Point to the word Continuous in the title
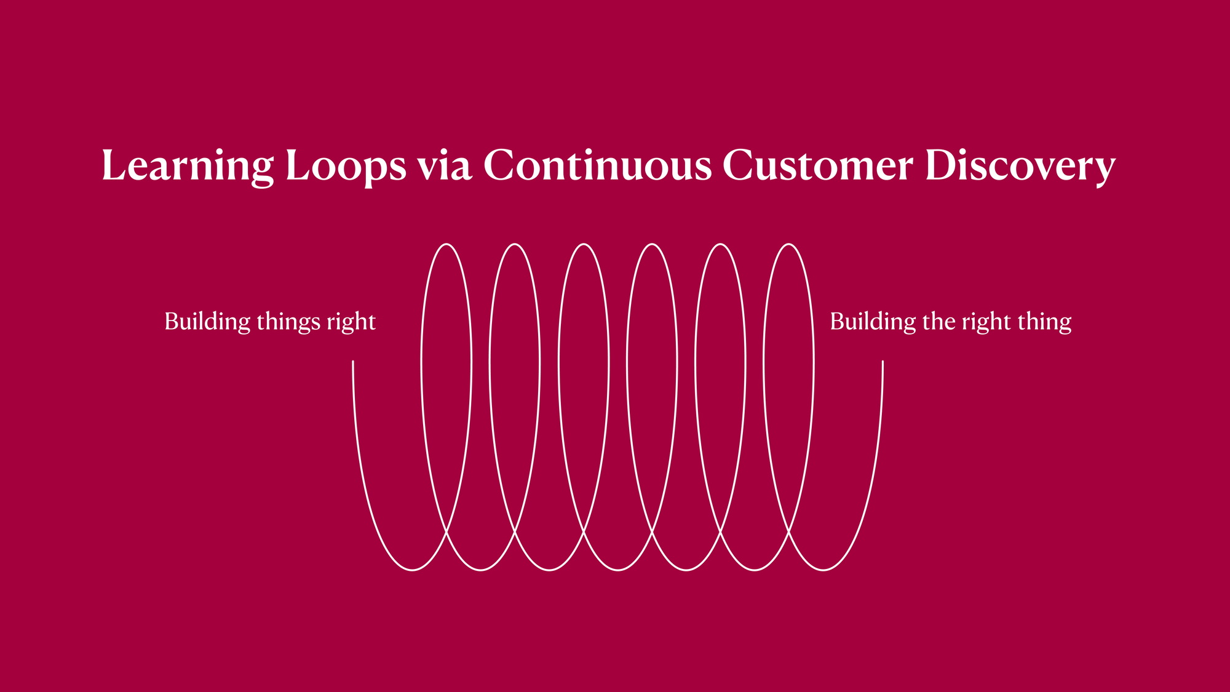[598, 165]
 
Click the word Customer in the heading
[818, 165]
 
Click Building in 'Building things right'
[207, 322]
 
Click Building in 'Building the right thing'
[873, 322]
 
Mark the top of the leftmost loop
[447, 244]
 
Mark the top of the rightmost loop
[789, 244]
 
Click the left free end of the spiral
[353, 362]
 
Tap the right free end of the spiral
[883, 362]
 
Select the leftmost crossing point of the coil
[446, 529]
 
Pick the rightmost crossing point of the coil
[788, 529]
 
